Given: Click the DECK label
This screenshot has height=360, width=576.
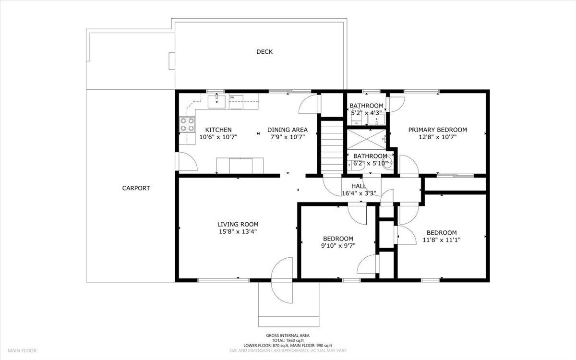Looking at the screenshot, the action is pyautogui.click(x=264, y=52).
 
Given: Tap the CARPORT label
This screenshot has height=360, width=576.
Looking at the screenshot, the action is pyautogui.click(x=136, y=188).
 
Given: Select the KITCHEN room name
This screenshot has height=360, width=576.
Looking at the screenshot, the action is pyautogui.click(x=218, y=130).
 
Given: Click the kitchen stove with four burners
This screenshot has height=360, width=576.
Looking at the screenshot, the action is pyautogui.click(x=187, y=124).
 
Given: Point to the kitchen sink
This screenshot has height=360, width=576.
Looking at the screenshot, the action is pyautogui.click(x=216, y=102).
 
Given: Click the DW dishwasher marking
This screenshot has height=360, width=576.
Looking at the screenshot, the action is pyautogui.click(x=232, y=97).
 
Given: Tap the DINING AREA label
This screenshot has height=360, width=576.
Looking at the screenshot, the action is pyautogui.click(x=288, y=130).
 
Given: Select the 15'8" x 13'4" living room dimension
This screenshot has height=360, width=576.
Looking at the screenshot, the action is pyautogui.click(x=238, y=232).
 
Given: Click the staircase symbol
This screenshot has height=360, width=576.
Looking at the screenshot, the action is pyautogui.click(x=332, y=146).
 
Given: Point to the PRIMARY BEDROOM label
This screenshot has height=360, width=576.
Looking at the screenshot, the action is pyautogui.click(x=438, y=130).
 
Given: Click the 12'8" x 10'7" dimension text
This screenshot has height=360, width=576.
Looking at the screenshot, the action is pyautogui.click(x=438, y=137).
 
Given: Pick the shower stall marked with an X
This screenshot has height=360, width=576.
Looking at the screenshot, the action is pyautogui.click(x=366, y=139).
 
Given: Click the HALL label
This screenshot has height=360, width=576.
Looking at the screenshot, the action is pyautogui.click(x=359, y=186).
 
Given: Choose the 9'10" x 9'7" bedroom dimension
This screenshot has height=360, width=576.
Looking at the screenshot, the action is pyautogui.click(x=338, y=246).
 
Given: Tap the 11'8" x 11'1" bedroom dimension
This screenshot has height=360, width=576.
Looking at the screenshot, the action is pyautogui.click(x=442, y=240).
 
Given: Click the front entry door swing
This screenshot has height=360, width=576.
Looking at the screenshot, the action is pyautogui.click(x=282, y=280).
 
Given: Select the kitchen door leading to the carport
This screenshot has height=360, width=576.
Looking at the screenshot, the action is pyautogui.click(x=186, y=161).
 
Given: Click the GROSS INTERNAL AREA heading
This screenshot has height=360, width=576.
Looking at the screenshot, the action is pyautogui.click(x=288, y=336).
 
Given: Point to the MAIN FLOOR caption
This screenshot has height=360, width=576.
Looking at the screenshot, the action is pyautogui.click(x=22, y=350).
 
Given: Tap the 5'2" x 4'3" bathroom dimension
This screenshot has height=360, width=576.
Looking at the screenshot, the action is pyautogui.click(x=366, y=113).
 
